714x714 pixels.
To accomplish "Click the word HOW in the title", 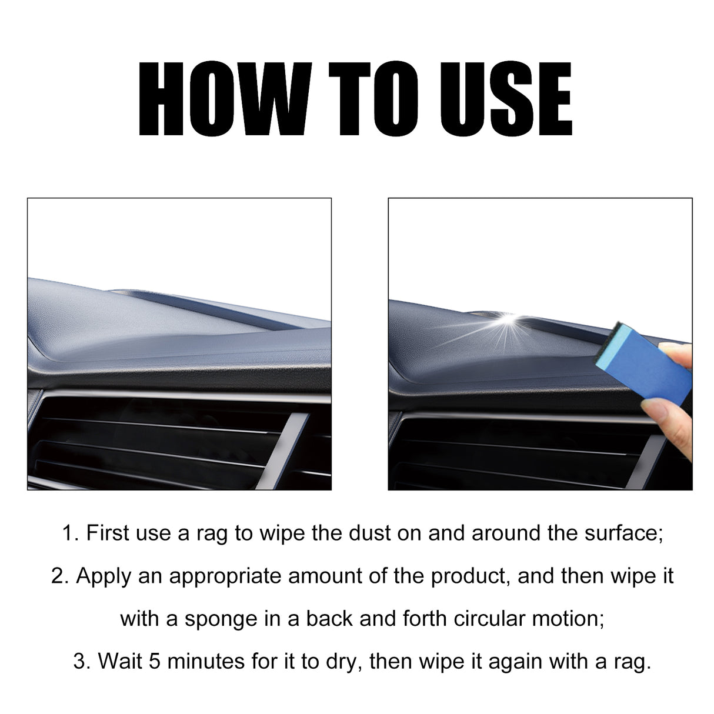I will tap(223, 99).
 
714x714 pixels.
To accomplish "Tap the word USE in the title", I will tap(501, 99).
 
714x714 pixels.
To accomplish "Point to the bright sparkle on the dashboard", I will tap(506, 320).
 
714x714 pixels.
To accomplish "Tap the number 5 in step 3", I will tap(155, 661).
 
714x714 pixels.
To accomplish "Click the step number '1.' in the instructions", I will tap(71, 533).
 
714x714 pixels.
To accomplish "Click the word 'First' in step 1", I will tap(108, 533).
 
